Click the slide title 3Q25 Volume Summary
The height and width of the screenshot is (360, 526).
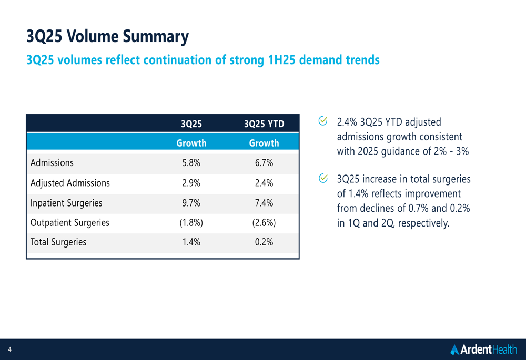click(x=107, y=37)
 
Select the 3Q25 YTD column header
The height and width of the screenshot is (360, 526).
click(x=264, y=124)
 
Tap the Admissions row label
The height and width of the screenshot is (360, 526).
click(x=52, y=163)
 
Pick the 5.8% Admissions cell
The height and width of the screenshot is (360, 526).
click(x=191, y=163)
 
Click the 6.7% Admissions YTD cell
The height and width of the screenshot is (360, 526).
click(x=264, y=163)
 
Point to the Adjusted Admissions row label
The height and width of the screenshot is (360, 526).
click(x=70, y=183)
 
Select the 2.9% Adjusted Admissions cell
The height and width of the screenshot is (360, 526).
click(x=191, y=183)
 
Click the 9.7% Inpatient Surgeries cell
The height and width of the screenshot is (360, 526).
click(x=191, y=203)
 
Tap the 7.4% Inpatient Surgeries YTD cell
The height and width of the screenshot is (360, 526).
click(x=264, y=203)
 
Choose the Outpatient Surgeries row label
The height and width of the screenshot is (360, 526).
click(x=70, y=222)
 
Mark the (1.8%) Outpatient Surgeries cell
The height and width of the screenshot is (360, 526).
click(x=191, y=222)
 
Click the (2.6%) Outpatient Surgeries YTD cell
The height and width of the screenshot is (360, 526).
click(x=264, y=222)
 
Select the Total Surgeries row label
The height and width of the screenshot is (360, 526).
click(x=58, y=242)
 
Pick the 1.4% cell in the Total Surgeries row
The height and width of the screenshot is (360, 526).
click(x=191, y=242)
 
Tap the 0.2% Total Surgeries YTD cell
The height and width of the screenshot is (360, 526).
click(x=264, y=242)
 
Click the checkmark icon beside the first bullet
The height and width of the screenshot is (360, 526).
click(x=324, y=121)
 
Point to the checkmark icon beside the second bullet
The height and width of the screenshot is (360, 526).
click(x=324, y=179)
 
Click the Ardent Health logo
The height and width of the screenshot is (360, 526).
click(x=483, y=349)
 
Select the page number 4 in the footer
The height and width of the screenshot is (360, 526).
click(x=9, y=349)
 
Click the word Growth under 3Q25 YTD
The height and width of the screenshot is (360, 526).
click(x=264, y=143)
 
